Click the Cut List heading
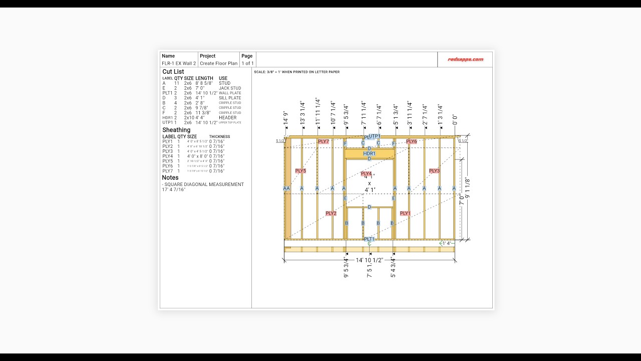[173, 72]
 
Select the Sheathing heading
[176, 130]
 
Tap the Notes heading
[170, 177]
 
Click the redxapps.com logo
[465, 59]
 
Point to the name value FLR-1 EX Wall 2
[179, 64]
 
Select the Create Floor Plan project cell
[218, 64]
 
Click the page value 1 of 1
[247, 64]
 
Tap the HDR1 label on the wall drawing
[369, 153]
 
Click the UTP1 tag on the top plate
[374, 136]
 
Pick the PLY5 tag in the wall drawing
[300, 171]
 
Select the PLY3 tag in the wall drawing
[434, 171]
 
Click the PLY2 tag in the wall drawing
[331, 214]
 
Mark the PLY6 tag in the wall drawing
[412, 142]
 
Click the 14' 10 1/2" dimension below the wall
[369, 260]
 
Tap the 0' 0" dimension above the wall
[455, 120]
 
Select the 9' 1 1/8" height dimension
[467, 188]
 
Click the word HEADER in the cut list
[227, 118]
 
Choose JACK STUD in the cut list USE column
[230, 88]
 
